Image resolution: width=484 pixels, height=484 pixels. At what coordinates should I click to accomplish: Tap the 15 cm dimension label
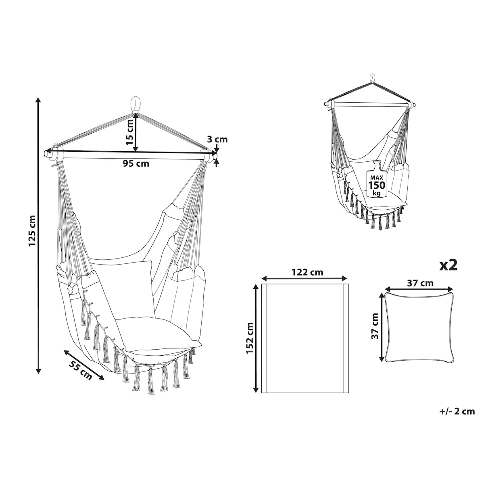[130, 132]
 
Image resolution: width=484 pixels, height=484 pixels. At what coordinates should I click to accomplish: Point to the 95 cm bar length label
[136, 163]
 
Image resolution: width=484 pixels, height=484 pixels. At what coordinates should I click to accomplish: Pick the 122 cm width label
[307, 272]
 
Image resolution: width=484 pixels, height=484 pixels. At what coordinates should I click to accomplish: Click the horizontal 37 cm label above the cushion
[420, 283]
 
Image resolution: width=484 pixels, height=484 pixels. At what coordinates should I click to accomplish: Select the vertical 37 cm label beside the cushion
[375, 326]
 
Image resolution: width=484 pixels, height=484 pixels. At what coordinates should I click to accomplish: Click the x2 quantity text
[449, 265]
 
